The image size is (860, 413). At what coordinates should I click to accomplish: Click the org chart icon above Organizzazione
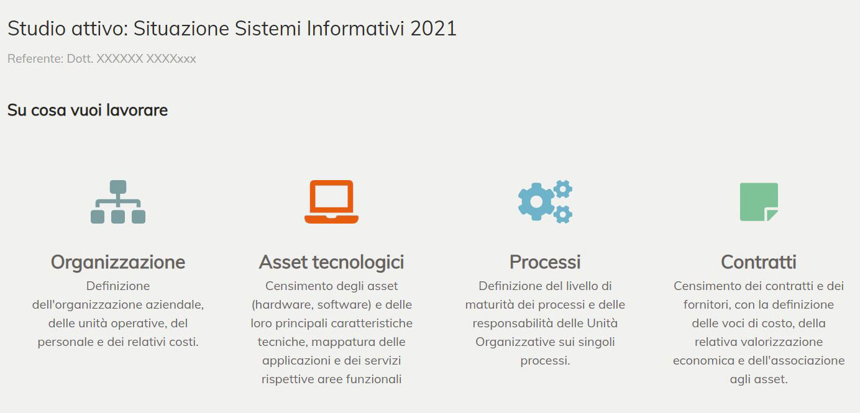click(x=118, y=201)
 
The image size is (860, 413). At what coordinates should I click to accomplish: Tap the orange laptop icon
click(x=331, y=201)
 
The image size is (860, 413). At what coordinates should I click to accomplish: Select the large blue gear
click(x=536, y=202)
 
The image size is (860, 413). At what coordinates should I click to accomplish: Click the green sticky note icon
click(x=759, y=202)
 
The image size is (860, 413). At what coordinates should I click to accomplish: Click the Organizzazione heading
click(x=118, y=263)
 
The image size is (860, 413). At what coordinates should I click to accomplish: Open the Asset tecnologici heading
click(x=331, y=263)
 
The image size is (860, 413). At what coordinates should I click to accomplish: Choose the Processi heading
click(x=545, y=263)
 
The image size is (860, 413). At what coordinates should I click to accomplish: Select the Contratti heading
click(x=759, y=263)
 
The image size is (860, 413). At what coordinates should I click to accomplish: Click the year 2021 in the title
click(x=434, y=29)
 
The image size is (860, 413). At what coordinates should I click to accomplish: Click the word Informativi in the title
click(x=355, y=29)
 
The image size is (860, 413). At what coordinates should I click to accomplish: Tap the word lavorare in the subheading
click(x=137, y=110)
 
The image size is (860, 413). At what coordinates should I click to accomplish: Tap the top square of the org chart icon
click(x=118, y=187)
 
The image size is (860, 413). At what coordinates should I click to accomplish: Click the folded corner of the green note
click(x=772, y=215)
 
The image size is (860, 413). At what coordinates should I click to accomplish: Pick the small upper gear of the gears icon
click(x=563, y=189)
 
